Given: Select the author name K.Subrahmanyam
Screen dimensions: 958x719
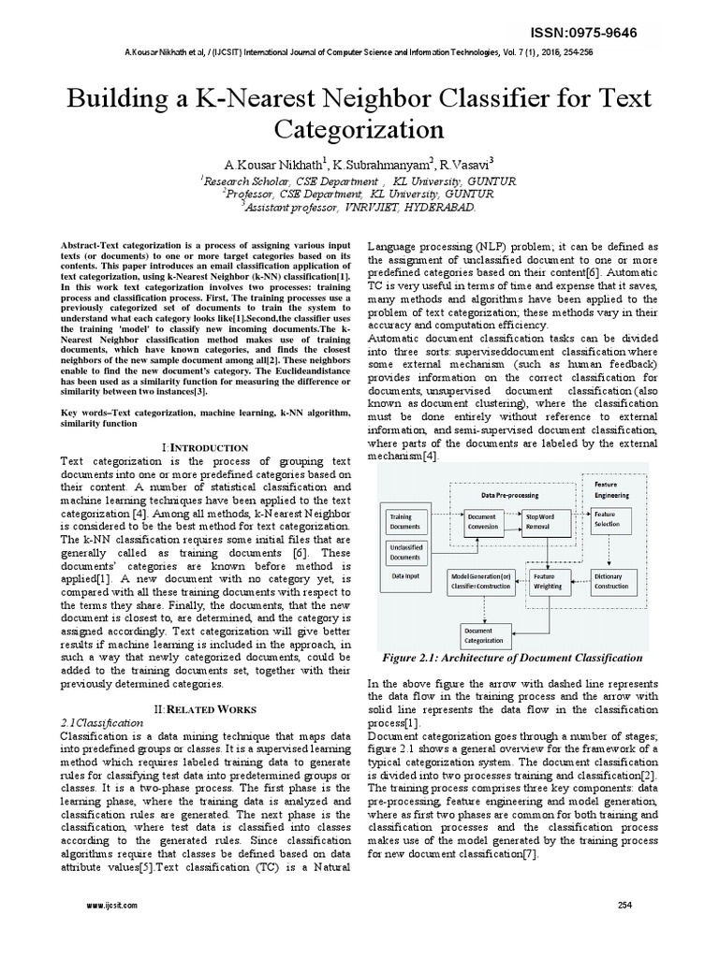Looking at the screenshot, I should (374, 165).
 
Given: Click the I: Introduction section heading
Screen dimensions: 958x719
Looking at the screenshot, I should (205, 448).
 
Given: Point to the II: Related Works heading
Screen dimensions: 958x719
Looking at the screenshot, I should (204, 709).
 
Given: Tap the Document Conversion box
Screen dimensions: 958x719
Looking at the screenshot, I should (482, 521).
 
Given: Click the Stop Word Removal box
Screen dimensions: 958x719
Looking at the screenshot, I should (544, 521).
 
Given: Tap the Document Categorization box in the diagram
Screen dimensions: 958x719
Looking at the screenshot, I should (485, 636).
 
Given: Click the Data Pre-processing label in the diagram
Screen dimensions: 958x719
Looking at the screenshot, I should (508, 494).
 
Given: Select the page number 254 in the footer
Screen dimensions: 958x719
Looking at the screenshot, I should (626, 905).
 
